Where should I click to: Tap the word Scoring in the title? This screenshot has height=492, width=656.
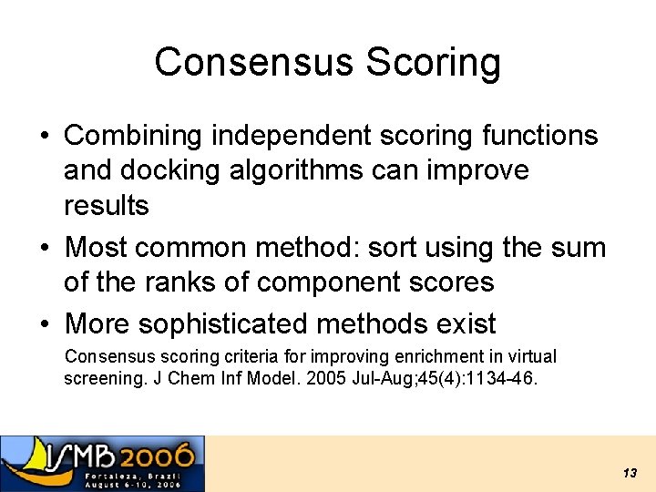(433, 62)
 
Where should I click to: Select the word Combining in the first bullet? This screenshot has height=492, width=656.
(134, 136)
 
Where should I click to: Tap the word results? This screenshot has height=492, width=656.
(106, 205)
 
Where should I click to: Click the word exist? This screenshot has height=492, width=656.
(462, 323)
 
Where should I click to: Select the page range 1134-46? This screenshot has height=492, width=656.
(503, 377)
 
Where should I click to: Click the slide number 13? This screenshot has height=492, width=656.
(630, 473)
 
